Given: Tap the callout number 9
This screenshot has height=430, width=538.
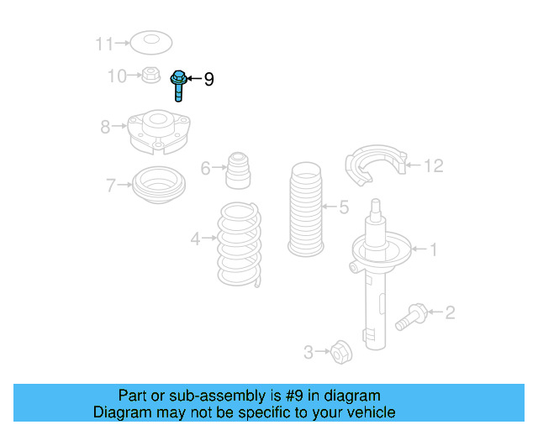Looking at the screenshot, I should [208, 80].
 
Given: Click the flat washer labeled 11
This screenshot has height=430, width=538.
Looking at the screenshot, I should [150, 40].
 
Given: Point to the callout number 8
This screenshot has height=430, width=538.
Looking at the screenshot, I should [105, 127].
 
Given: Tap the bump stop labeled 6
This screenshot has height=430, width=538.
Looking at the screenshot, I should [239, 171].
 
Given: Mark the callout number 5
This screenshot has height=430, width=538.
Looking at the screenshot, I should [343, 207].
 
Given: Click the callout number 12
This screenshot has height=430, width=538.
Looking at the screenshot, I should [432, 166].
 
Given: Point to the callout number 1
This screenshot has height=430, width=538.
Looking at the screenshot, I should [434, 249].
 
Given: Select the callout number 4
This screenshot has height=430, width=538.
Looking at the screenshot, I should [195, 239].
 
